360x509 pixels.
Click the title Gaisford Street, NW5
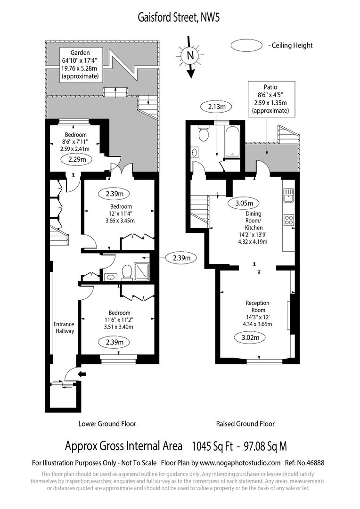[179, 17]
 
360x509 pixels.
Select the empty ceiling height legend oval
[246, 45]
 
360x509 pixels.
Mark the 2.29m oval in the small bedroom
[76, 159]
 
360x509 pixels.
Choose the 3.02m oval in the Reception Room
[250, 337]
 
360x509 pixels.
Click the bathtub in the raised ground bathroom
[233, 140]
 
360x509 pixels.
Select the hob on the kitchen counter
[288, 220]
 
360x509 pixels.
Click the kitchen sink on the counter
[288, 194]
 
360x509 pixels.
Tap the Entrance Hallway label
[64, 328]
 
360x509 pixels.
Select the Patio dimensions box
[270, 99]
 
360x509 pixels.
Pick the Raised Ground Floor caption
[245, 424]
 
